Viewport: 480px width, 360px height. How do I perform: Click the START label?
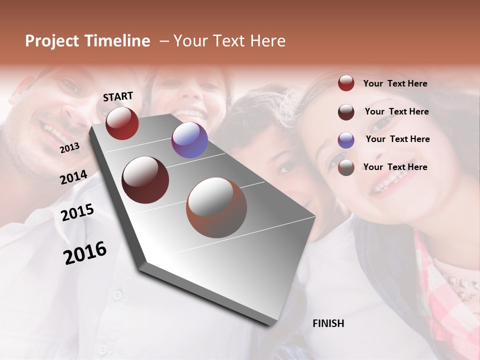click(x=118, y=96)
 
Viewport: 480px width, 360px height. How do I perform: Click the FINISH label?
click(x=328, y=323)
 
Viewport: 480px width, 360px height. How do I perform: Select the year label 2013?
click(x=69, y=147)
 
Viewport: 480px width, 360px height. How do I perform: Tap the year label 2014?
click(x=73, y=177)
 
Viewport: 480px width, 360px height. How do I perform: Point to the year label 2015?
click(x=77, y=212)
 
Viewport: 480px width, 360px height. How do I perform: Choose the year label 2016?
click(x=85, y=252)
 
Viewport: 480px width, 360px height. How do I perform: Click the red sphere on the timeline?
click(x=122, y=123)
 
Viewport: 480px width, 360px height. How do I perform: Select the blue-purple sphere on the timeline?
click(x=189, y=140)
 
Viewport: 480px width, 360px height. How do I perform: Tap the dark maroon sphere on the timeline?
click(x=145, y=180)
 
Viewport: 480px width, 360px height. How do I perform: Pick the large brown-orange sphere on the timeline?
click(x=216, y=207)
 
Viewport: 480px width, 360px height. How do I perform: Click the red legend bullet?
click(x=346, y=83)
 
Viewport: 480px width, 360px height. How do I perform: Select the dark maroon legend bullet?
click(x=346, y=112)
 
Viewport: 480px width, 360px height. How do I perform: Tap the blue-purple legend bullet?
click(x=346, y=140)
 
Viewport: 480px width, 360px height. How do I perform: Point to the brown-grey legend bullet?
click(x=346, y=167)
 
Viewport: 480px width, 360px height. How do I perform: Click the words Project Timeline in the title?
click(x=87, y=41)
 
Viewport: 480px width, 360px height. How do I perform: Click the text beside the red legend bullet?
click(x=395, y=83)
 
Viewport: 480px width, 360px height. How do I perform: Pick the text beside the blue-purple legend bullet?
click(x=397, y=139)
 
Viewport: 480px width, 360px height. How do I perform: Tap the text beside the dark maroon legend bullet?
click(x=396, y=111)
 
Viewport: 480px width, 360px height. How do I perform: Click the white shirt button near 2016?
click(x=117, y=294)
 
